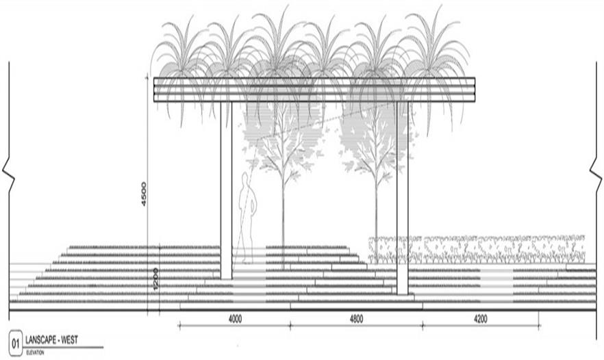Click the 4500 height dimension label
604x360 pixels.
(144, 194)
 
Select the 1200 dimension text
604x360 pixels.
(155, 279)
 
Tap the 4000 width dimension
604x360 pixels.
(235, 319)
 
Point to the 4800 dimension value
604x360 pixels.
(356, 319)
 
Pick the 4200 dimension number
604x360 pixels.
(480, 319)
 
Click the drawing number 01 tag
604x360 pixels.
(16, 344)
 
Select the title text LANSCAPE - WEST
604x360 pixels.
(51, 340)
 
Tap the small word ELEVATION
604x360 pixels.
(35, 352)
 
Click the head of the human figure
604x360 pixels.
(245, 179)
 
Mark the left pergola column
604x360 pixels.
(226, 190)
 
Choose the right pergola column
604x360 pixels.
(402, 198)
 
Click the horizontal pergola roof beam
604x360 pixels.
(314, 90)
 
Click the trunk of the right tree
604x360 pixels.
(377, 216)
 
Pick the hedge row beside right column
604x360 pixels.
(477, 249)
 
